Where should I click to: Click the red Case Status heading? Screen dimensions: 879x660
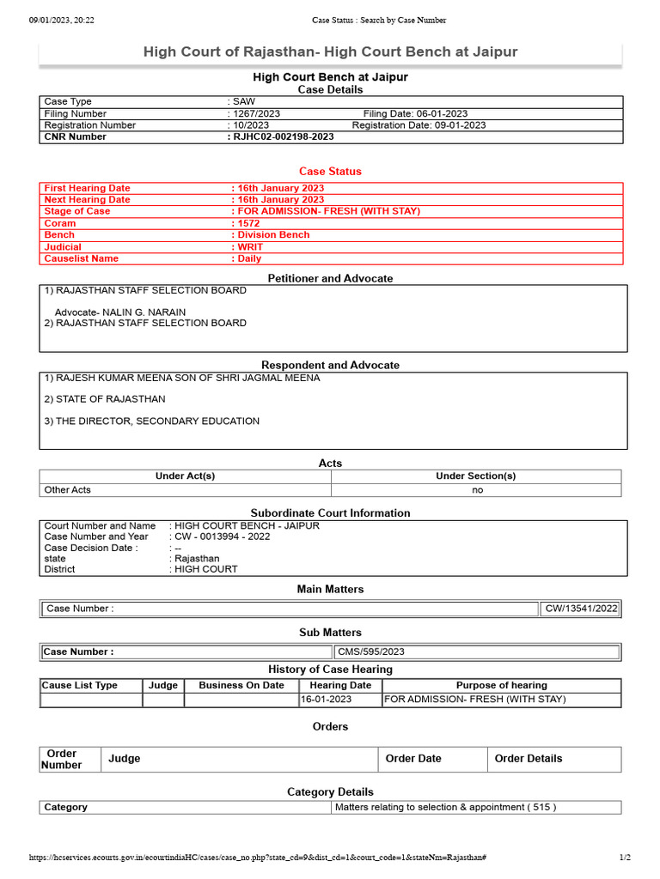(330, 171)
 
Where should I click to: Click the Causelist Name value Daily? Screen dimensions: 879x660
(249, 258)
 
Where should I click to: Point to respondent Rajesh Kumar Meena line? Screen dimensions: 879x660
(181, 378)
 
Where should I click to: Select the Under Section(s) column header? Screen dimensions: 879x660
(475, 476)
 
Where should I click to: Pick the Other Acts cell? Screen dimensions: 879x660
(67, 490)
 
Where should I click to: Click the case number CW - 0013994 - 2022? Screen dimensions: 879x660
(222, 536)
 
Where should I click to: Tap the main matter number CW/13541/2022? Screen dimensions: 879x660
(581, 609)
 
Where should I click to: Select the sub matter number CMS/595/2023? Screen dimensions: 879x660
(370, 652)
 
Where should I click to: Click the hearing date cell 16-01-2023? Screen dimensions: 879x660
(326, 699)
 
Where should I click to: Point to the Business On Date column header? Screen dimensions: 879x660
(241, 685)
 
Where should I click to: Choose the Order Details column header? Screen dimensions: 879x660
(529, 758)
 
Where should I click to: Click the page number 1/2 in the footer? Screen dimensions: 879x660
(625, 858)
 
